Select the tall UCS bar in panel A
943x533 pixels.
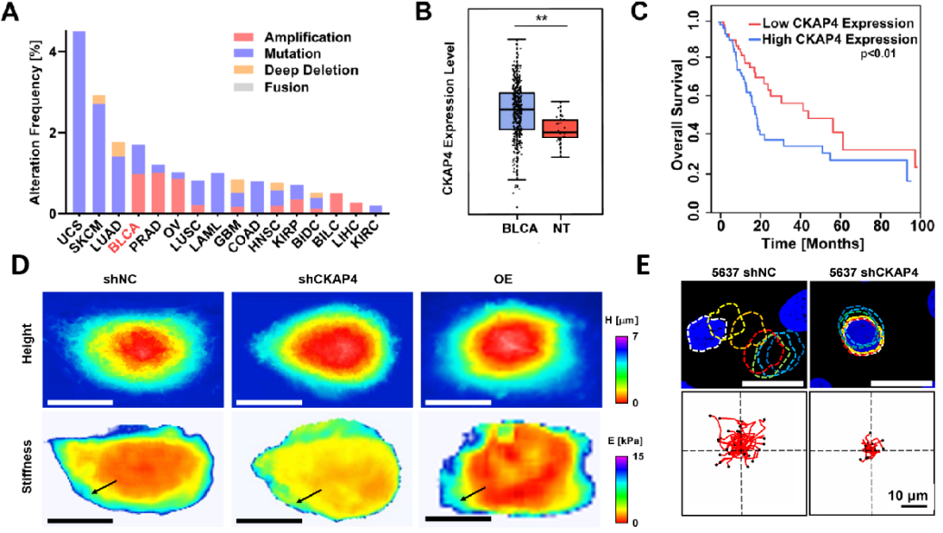pyautogui.click(x=79, y=123)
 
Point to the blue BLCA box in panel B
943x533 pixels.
pyautogui.click(x=516, y=111)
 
